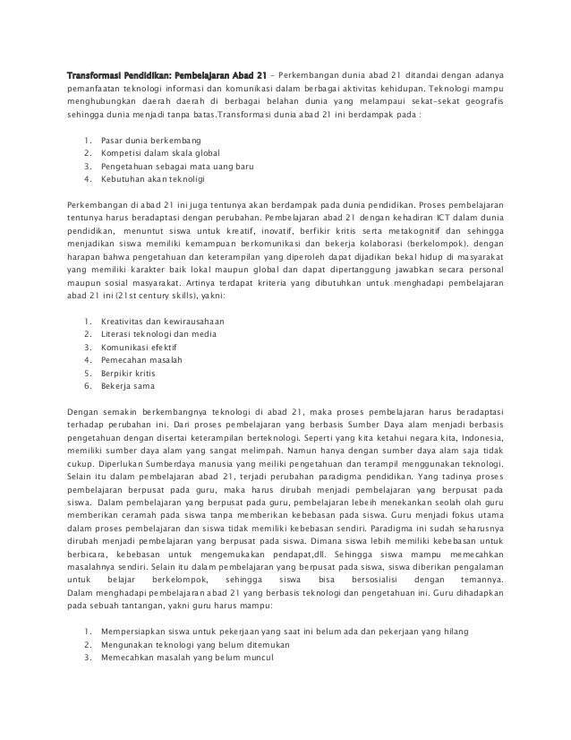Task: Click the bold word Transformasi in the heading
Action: pyautogui.click(x=98, y=74)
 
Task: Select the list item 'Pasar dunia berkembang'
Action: pyautogui.click(x=151, y=141)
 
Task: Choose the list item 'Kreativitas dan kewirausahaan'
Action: pyautogui.click(x=162, y=321)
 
